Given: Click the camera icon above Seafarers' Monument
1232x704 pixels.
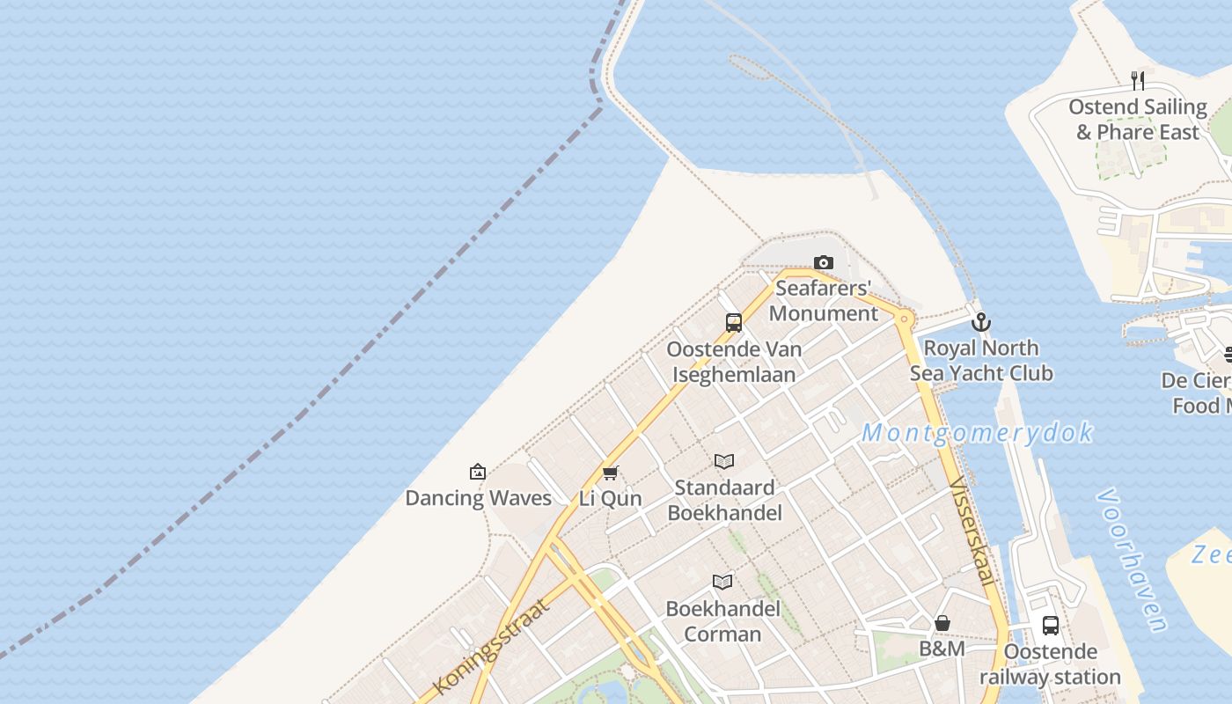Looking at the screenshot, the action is (x=824, y=262).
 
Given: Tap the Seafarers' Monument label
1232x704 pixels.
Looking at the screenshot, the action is (x=824, y=301).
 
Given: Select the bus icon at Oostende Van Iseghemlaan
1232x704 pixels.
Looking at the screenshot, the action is (x=734, y=323).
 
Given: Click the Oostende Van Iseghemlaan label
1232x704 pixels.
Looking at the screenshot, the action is (x=734, y=362).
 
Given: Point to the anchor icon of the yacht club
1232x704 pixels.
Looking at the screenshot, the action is (x=980, y=322).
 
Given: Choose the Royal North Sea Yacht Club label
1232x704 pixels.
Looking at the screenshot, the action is (x=980, y=361).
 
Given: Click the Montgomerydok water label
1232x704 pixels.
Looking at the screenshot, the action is (x=977, y=433).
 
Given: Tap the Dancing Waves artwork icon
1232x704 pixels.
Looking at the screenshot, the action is (x=478, y=472).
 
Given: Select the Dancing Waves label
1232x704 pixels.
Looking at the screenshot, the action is (x=478, y=498).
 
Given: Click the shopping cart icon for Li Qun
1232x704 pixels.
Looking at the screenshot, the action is (x=611, y=473).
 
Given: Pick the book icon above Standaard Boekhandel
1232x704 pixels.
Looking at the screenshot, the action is (x=724, y=461).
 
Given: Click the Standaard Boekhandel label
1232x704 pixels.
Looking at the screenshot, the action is (x=724, y=500).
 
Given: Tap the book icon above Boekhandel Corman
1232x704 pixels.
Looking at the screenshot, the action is (x=722, y=582).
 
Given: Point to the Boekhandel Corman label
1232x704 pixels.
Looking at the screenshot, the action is (x=722, y=621).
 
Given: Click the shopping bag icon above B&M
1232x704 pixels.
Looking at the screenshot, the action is (x=942, y=623).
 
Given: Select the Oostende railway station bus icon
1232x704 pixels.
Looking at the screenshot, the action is (x=1051, y=626).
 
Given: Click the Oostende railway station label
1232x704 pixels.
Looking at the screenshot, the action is (x=1051, y=664).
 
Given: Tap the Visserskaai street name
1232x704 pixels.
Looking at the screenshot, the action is (x=973, y=533).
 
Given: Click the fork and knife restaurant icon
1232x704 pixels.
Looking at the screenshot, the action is (x=1138, y=81).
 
